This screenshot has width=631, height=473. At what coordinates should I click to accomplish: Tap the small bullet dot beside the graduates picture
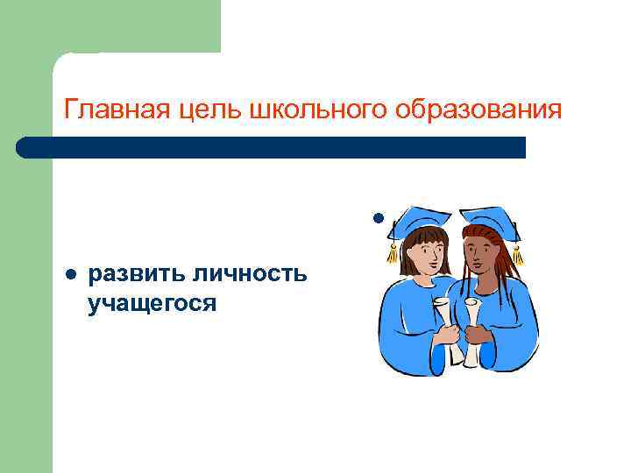[x=377, y=216]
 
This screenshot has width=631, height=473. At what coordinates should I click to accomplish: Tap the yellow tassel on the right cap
[x=517, y=255]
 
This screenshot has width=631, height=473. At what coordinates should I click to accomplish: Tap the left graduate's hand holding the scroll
[x=448, y=335]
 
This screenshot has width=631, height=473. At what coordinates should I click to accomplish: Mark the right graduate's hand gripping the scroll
[x=479, y=335]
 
